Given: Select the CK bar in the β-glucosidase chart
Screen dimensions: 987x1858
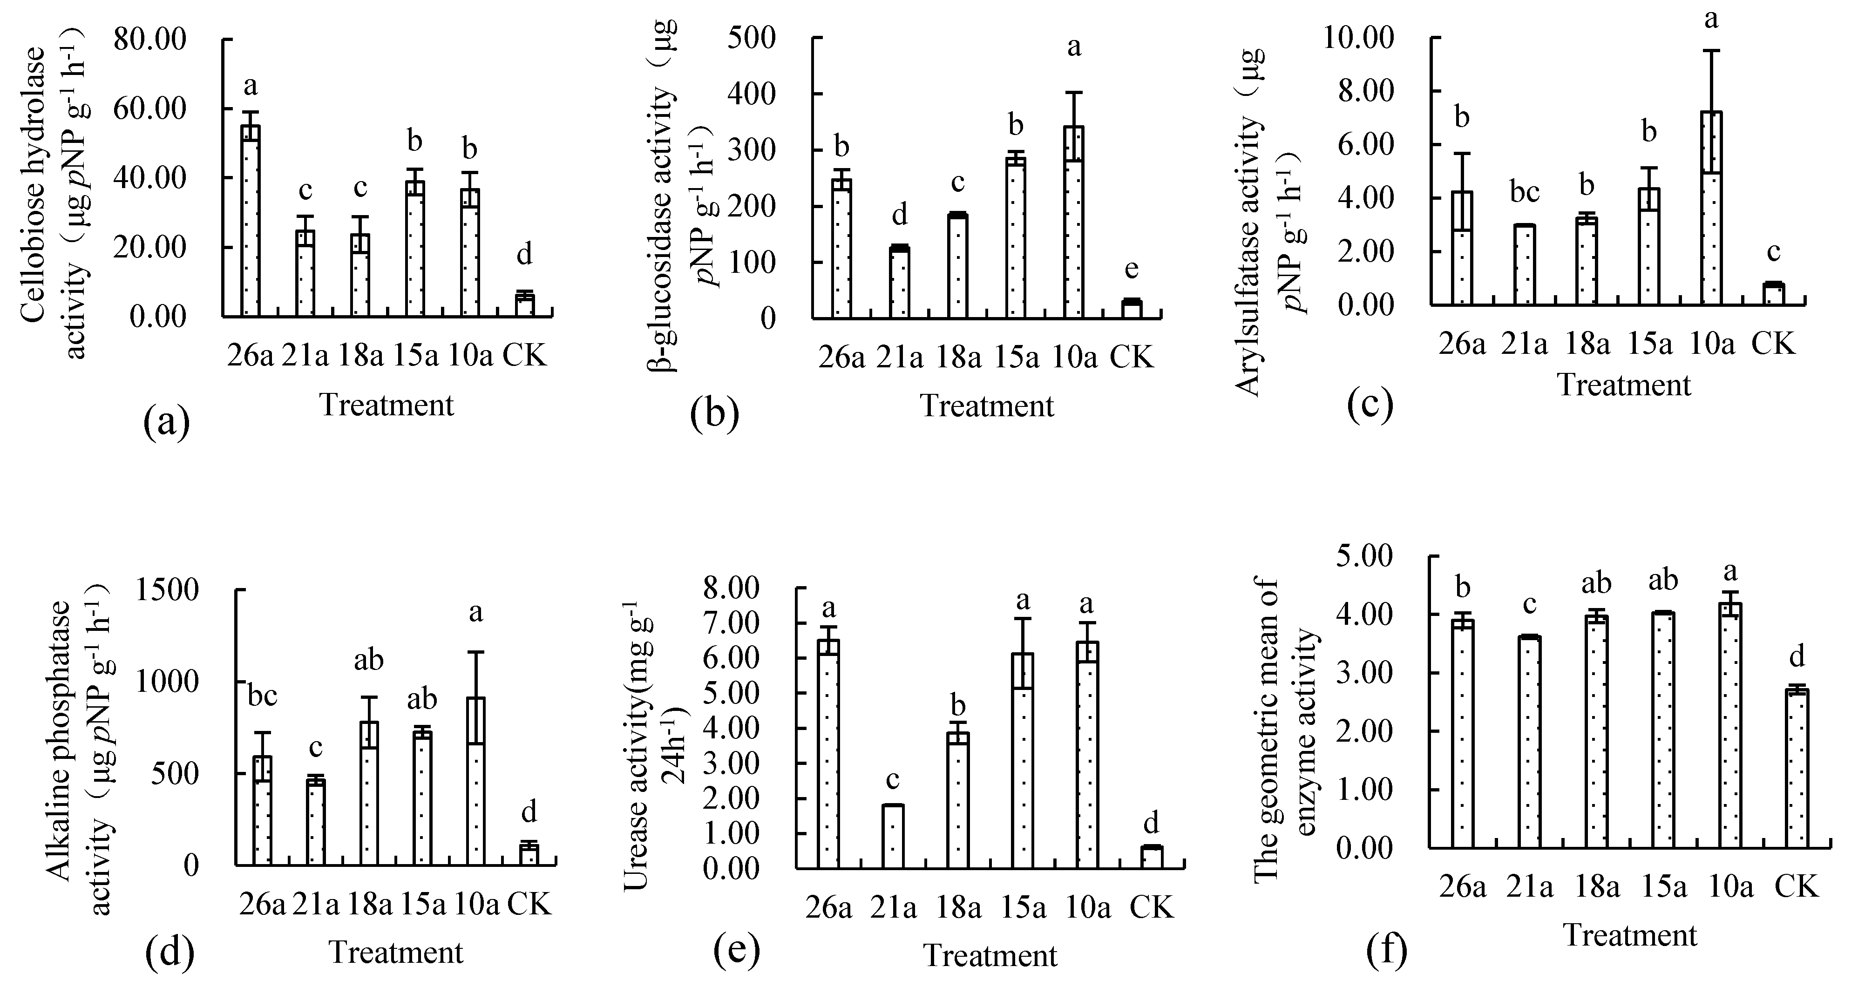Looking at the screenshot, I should point(1132,309).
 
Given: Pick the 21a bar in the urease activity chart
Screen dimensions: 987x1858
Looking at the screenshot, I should point(894,836).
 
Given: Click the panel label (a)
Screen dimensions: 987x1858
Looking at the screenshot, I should point(167,422).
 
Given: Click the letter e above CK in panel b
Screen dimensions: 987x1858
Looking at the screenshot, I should point(1131,269).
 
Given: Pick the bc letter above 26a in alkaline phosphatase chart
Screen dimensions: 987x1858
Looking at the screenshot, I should point(263,696).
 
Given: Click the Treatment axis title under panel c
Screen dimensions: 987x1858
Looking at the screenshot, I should point(1624,385).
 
